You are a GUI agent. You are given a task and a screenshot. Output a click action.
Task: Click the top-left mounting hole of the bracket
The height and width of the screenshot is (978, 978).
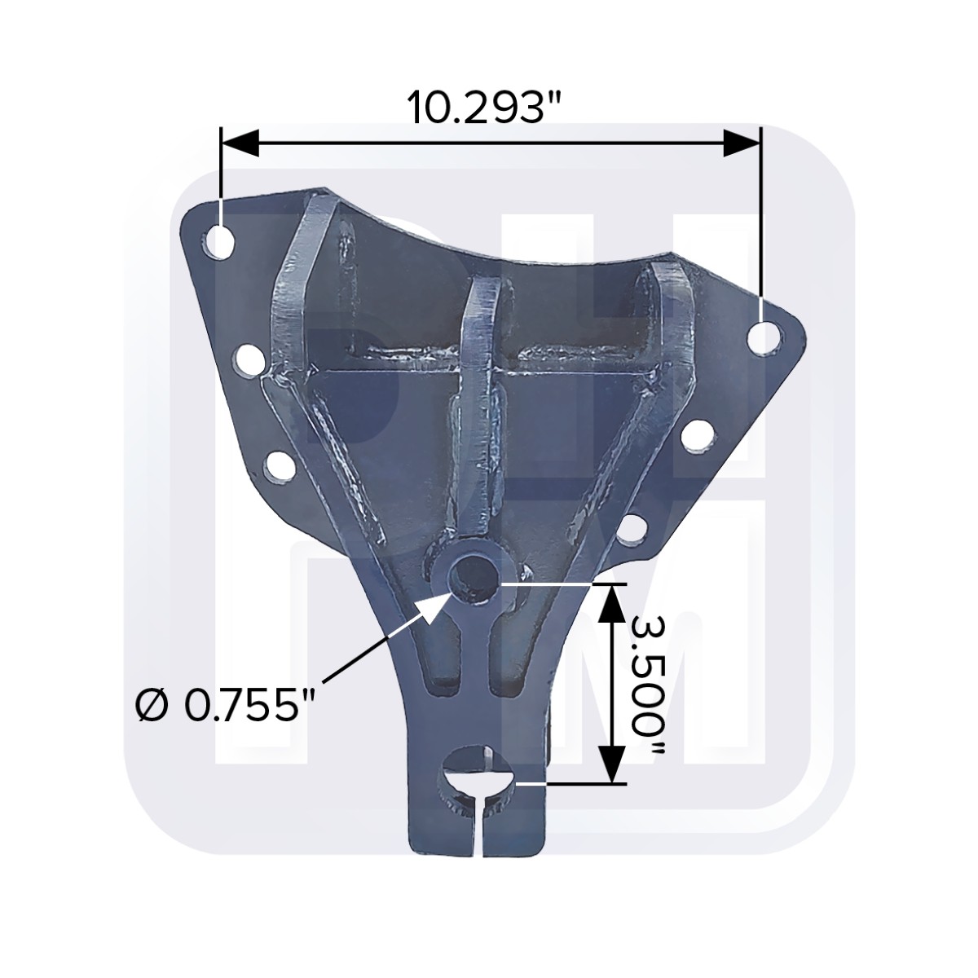click(x=218, y=241)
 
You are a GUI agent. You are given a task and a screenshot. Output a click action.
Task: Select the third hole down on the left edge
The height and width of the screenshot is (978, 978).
click(x=280, y=466)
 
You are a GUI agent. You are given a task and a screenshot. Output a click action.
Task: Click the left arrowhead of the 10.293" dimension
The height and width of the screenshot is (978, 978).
click(x=238, y=142)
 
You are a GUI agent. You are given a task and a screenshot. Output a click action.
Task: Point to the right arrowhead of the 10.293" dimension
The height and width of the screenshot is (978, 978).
click(x=742, y=142)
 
